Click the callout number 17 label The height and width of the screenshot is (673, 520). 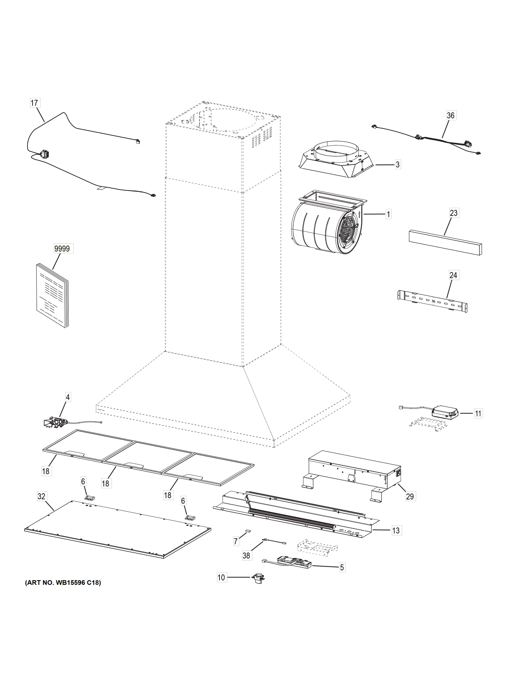tap(35, 103)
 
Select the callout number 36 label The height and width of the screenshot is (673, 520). tap(450, 115)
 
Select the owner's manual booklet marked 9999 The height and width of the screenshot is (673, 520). tap(52, 296)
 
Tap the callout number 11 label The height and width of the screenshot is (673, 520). tap(478, 413)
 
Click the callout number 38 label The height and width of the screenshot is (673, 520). tap(246, 555)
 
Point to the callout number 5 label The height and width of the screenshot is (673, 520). tap(342, 567)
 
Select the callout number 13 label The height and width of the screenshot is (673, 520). tap(396, 530)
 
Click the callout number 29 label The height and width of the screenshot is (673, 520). tap(410, 496)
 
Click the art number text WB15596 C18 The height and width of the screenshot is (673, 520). tap(63, 583)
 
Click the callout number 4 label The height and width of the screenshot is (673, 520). tap(68, 397)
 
